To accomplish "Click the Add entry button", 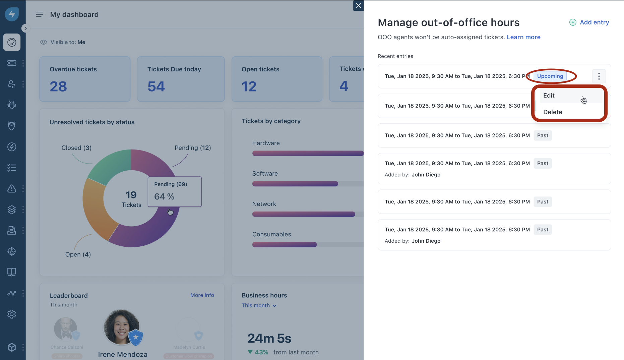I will point(589,22).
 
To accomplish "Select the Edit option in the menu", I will point(549,96).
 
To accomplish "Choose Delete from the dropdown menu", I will point(553,112).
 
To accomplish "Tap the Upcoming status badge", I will point(550,76).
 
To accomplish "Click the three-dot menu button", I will point(599,76).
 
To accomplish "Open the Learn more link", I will point(523,37).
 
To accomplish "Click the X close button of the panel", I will point(358,6).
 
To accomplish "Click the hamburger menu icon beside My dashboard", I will point(40,14).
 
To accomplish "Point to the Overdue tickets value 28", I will point(58,86).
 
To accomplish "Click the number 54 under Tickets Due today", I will point(156,86).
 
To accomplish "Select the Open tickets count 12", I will point(249,86).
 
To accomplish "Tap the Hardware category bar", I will point(308,154).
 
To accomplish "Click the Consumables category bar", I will point(284,245).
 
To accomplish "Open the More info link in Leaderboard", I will point(202,295).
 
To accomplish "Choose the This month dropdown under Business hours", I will point(259,305).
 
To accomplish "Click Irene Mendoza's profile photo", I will point(121,327).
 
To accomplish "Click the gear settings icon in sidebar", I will point(12,314).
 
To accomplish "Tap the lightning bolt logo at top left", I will point(12,14).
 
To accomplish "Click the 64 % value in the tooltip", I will point(164,197).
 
